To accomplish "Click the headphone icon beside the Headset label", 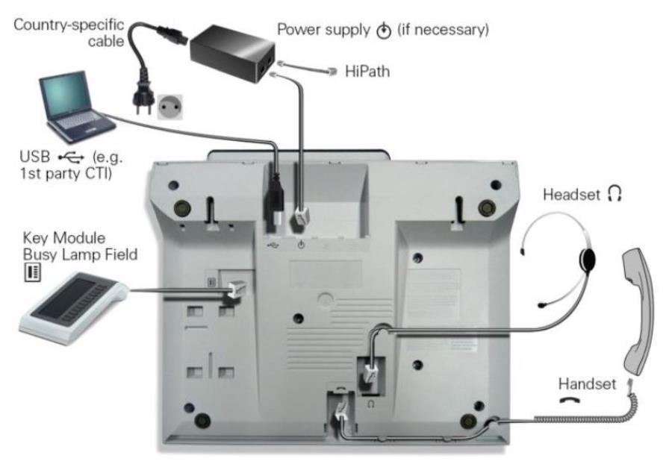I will (615, 195).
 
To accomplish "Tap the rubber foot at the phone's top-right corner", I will (487, 204).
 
